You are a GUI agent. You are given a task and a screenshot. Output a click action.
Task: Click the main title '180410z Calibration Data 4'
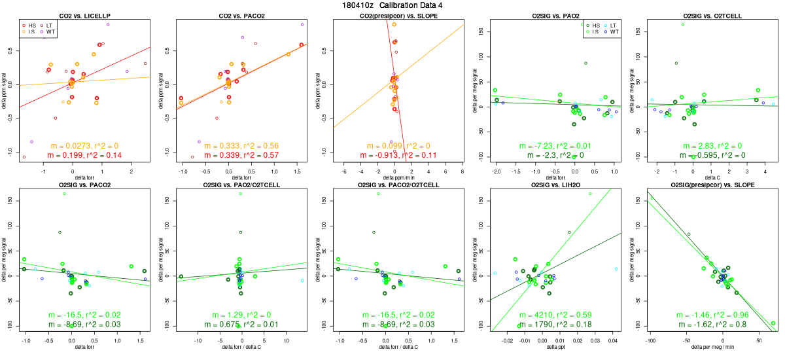pyautogui.click(x=392, y=5)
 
